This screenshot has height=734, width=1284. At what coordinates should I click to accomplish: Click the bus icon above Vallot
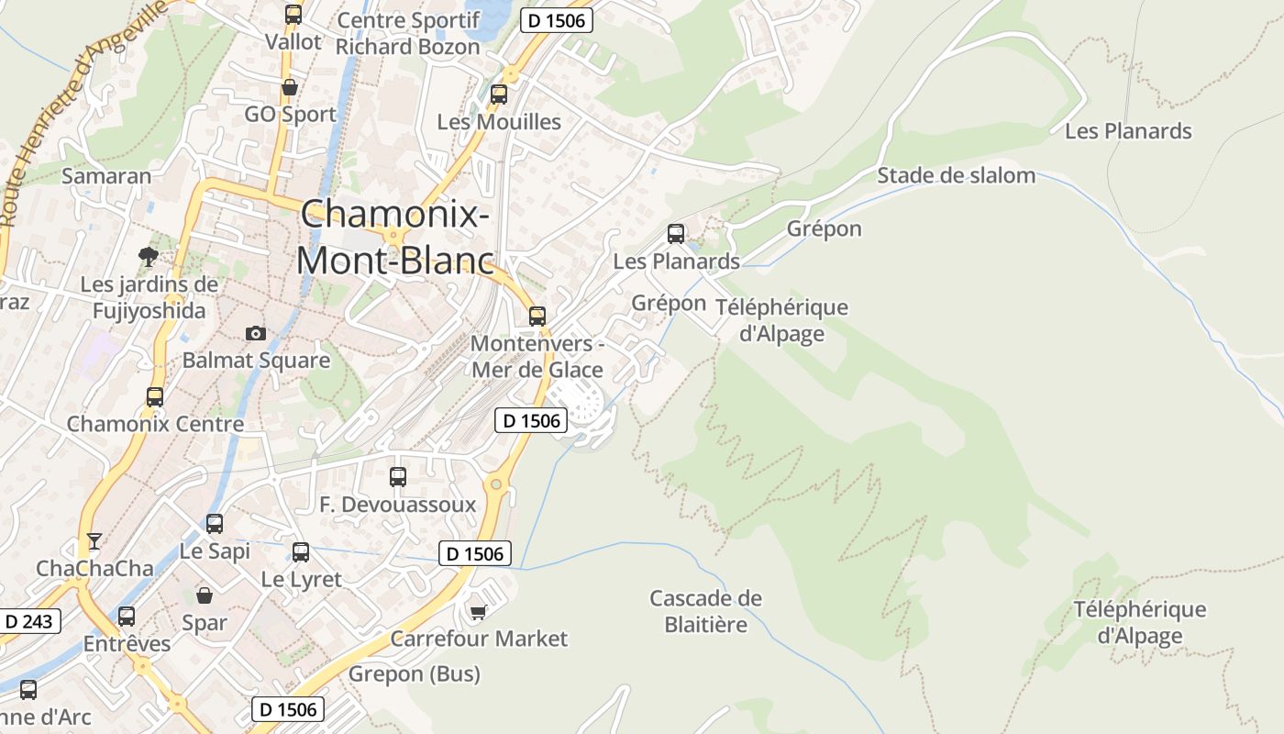tap(293, 15)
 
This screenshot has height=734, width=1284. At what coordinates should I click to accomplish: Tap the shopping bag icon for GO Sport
tap(290, 88)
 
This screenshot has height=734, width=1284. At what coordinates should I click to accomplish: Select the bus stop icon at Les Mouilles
tap(499, 94)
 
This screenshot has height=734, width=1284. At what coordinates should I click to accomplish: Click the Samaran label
tap(106, 175)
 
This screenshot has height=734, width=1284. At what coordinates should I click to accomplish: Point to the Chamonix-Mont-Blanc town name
tap(394, 237)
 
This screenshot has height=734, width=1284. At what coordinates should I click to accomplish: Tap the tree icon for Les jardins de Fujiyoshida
tap(147, 256)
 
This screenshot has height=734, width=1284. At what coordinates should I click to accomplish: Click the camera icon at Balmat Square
tap(256, 333)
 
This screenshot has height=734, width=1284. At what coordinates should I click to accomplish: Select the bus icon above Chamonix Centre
tap(155, 397)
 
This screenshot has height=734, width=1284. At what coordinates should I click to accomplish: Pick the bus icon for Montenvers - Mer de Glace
tap(537, 317)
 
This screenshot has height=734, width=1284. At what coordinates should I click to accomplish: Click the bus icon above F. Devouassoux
tap(398, 477)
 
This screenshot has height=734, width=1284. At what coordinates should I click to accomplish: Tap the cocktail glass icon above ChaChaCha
tap(94, 540)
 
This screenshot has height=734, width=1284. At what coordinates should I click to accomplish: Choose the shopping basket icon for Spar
tap(204, 595)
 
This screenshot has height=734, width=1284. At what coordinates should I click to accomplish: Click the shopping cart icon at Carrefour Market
tap(478, 611)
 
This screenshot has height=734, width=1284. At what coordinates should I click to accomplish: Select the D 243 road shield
tap(29, 621)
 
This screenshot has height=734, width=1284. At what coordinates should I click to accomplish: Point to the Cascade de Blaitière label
tap(705, 612)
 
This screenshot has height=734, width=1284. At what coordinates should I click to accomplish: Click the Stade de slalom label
tap(956, 175)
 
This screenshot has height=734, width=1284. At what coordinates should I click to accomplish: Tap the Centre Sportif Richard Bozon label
tap(408, 33)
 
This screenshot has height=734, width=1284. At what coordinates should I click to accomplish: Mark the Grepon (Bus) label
tap(414, 674)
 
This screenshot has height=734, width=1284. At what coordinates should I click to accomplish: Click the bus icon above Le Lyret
tap(301, 552)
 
